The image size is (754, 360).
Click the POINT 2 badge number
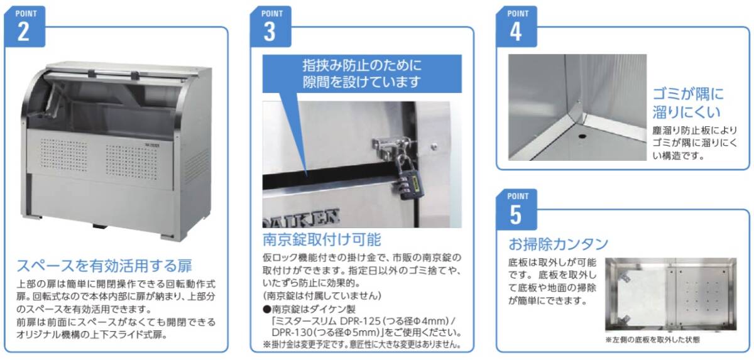pyautogui.click(x=23, y=32)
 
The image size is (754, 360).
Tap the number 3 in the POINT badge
pyautogui.click(x=270, y=32)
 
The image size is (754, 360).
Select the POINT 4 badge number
pyautogui.click(x=516, y=32)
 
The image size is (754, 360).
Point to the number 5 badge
pyautogui.click(x=516, y=215)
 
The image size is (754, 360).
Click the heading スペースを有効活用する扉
pyautogui.click(x=104, y=266)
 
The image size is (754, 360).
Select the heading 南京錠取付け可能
pyautogui.click(x=322, y=239)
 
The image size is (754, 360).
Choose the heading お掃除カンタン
pyautogui.click(x=558, y=244)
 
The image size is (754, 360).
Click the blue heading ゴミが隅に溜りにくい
pyautogui.click(x=687, y=103)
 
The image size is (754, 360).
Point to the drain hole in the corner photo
pyautogui.click(x=582, y=136)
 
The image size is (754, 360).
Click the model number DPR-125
pyautogui.click(x=360, y=320)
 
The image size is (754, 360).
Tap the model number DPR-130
pyautogui.click(x=292, y=332)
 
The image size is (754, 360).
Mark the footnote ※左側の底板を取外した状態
pyautogui.click(x=652, y=340)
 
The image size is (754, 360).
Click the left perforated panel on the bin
pyautogui.click(x=63, y=155)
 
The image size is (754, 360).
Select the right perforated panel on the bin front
pyautogui.click(x=132, y=162)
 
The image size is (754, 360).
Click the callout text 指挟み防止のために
pyautogui.click(x=362, y=65)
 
